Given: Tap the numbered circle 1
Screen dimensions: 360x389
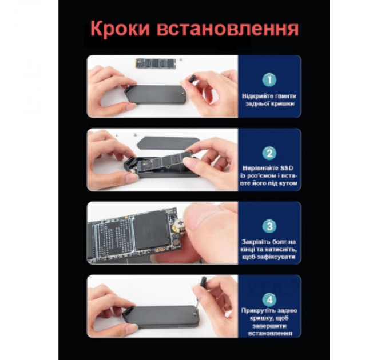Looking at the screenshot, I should pos(269,79).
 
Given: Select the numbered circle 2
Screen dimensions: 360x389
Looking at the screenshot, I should pos(269,153).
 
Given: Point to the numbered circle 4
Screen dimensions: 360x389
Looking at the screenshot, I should pos(269,299).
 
